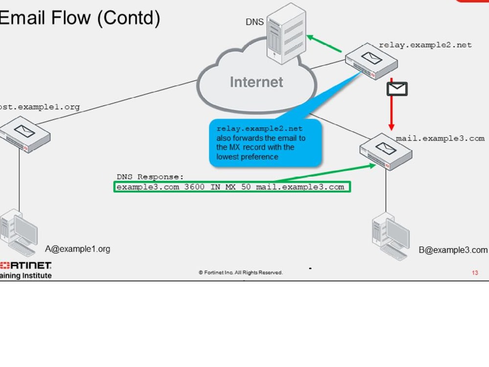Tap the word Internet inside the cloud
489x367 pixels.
pos(256,82)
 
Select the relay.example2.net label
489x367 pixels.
pos(425,45)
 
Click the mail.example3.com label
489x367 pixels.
pos(440,138)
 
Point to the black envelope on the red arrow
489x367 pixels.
pos(397,89)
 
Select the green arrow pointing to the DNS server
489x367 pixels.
pos(324,44)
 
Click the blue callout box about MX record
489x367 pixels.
pos(266,142)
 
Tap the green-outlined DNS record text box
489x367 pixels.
pos(232,187)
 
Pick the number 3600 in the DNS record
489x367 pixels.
pos(195,187)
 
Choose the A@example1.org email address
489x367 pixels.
pos(78,249)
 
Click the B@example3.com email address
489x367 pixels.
pos(453,250)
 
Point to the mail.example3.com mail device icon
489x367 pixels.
pos(386,151)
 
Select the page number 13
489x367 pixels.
pos(475,273)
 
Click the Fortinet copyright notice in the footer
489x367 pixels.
pos(240,273)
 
